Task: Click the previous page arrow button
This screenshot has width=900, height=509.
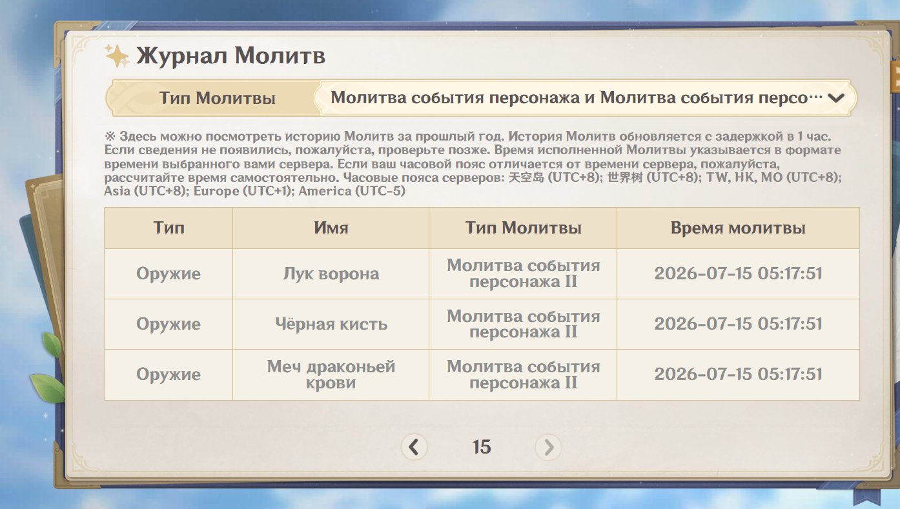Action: pyautogui.click(x=414, y=447)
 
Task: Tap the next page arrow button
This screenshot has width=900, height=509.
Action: pyautogui.click(x=548, y=447)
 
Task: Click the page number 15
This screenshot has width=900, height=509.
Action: pyautogui.click(x=482, y=447)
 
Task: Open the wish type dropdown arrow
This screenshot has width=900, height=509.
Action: pyautogui.click(x=835, y=98)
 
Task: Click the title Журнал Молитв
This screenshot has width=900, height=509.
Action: pyautogui.click(x=230, y=55)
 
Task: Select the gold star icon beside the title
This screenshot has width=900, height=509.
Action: pyautogui.click(x=117, y=55)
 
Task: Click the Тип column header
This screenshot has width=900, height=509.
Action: pyautogui.click(x=169, y=228)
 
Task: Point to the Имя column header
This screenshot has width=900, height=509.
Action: pyautogui.click(x=331, y=228)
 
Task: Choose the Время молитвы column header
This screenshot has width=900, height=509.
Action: pyautogui.click(x=738, y=228)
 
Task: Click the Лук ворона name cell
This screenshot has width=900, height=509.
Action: pyautogui.click(x=331, y=274)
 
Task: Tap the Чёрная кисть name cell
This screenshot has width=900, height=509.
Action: pyautogui.click(x=331, y=324)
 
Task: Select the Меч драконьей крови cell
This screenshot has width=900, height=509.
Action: pyautogui.click(x=331, y=375)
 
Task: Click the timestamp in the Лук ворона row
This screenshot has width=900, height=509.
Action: pyautogui.click(x=738, y=274)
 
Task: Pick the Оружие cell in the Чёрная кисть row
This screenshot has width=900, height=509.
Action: pyautogui.click(x=169, y=324)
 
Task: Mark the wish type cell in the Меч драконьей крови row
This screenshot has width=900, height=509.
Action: pyautogui.click(x=523, y=375)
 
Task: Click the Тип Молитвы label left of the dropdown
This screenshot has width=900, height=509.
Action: pyautogui.click(x=218, y=98)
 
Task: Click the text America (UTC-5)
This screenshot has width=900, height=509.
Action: pyautogui.click(x=352, y=191)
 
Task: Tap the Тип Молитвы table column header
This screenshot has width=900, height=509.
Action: pyautogui.click(x=523, y=228)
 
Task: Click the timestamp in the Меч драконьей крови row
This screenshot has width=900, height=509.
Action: pyautogui.click(x=738, y=375)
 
